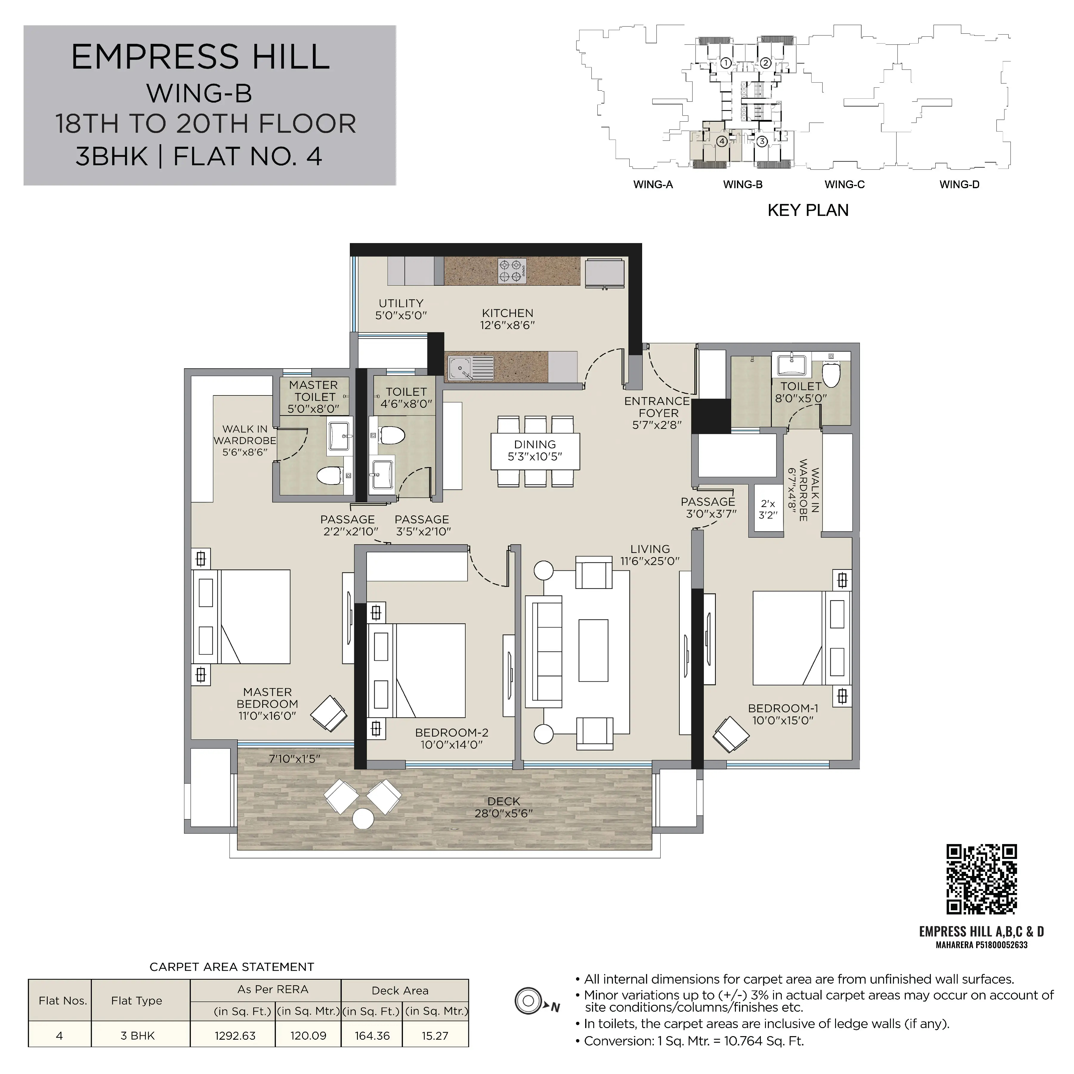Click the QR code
982,879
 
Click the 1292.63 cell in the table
235,1036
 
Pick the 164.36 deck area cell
373,1036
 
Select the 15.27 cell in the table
435,1036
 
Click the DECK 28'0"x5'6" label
504,807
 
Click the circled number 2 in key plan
765,63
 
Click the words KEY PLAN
808,210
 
